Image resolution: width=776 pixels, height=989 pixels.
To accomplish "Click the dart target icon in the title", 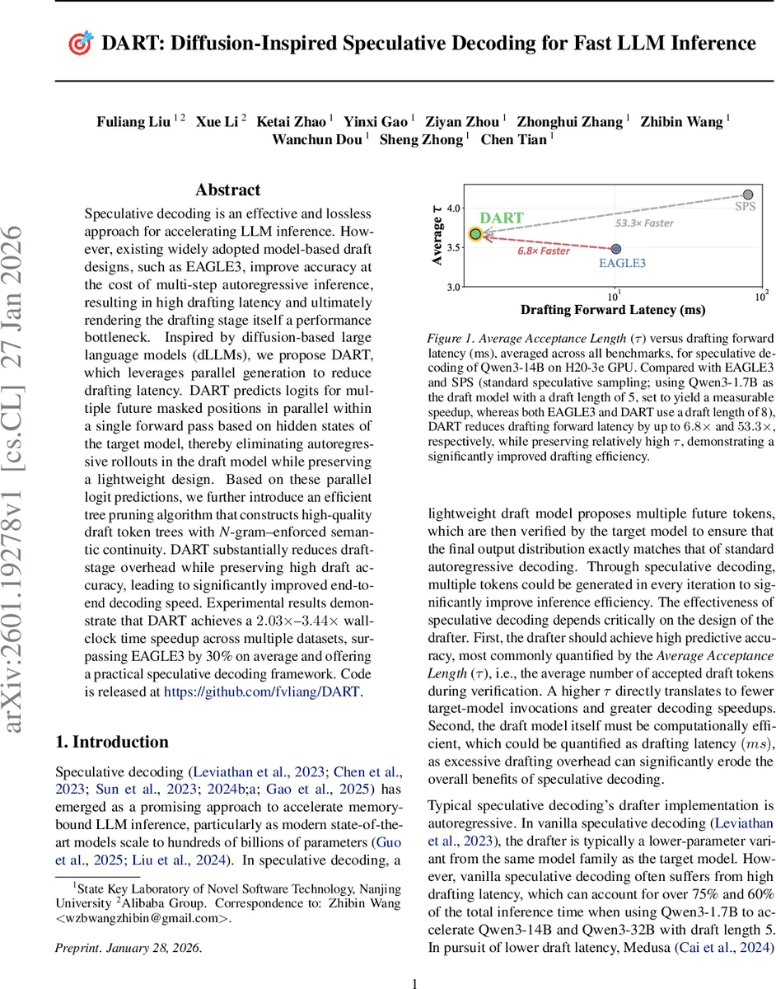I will [x=78, y=44].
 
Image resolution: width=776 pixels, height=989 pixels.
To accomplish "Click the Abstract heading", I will [x=228, y=190].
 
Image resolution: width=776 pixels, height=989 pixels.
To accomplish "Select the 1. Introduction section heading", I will [x=111, y=742].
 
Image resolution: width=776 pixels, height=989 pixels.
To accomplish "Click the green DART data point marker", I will [x=475, y=234].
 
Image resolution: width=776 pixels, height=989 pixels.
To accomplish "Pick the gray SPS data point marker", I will [x=747, y=195].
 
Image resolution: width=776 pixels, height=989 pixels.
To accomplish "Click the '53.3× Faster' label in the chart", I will [x=644, y=223].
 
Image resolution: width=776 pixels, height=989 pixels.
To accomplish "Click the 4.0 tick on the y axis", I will [x=454, y=210].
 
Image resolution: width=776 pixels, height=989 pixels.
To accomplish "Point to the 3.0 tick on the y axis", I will [x=454, y=288].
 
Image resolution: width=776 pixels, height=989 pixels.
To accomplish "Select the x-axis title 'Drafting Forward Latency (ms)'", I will [x=613, y=311].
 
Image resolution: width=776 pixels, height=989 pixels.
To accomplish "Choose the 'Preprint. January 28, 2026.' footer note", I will [x=128, y=925].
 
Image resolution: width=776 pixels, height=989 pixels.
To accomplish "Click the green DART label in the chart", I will [x=503, y=219].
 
